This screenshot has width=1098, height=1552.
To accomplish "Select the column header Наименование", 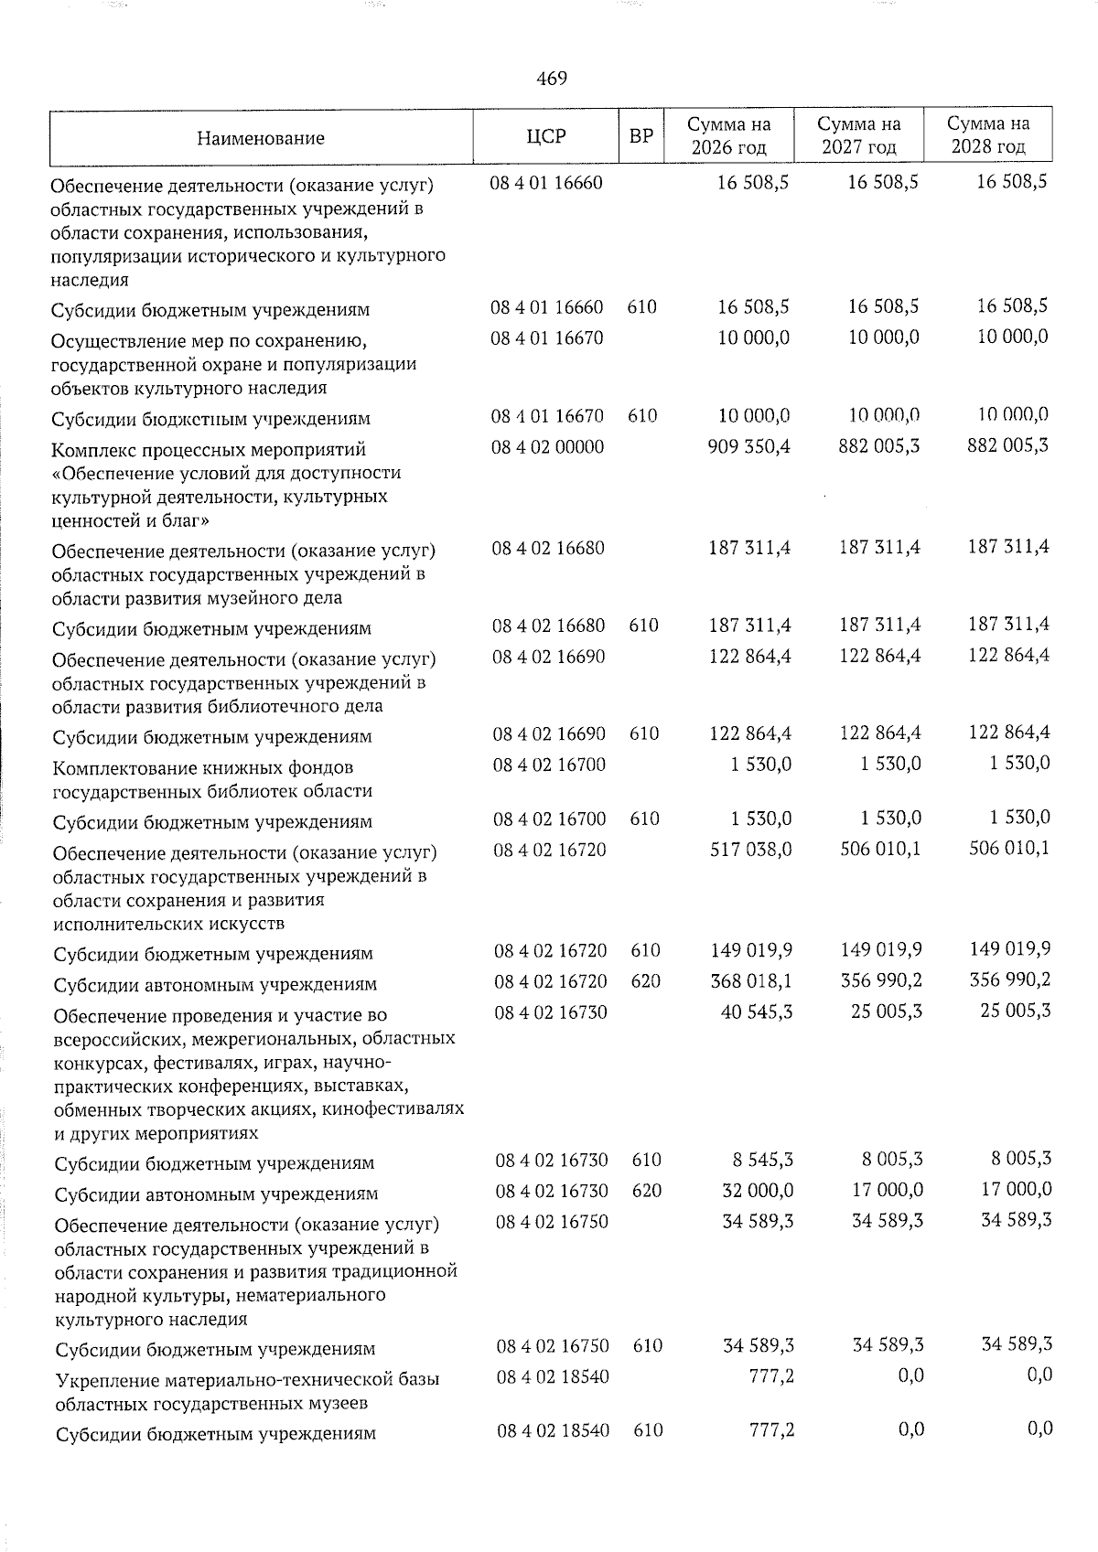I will [261, 138].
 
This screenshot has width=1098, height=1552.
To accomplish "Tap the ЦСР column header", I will [546, 136].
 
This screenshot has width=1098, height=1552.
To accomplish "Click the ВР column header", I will [641, 136].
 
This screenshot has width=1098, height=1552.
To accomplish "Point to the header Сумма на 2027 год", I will [858, 135].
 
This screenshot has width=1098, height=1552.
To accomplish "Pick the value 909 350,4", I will [749, 446].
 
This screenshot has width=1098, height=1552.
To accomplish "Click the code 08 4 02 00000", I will [548, 447].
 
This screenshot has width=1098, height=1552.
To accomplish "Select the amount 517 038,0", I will [751, 850].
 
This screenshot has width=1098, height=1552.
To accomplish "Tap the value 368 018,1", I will [751, 981].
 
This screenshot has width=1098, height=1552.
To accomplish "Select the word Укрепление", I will [102, 1378].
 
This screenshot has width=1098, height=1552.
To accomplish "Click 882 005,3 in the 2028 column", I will [1007, 445].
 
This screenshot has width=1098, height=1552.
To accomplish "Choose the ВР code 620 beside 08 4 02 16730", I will [647, 1191].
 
